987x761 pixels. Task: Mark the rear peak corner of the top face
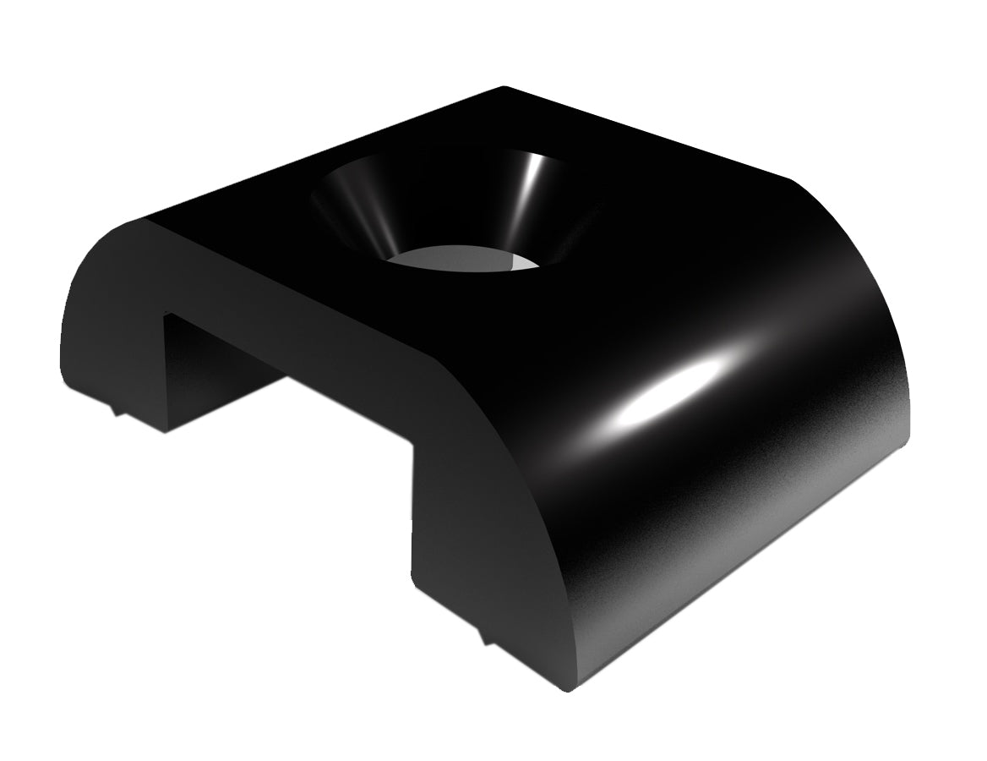pos(504,88)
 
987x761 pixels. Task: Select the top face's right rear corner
pos(790,179)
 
